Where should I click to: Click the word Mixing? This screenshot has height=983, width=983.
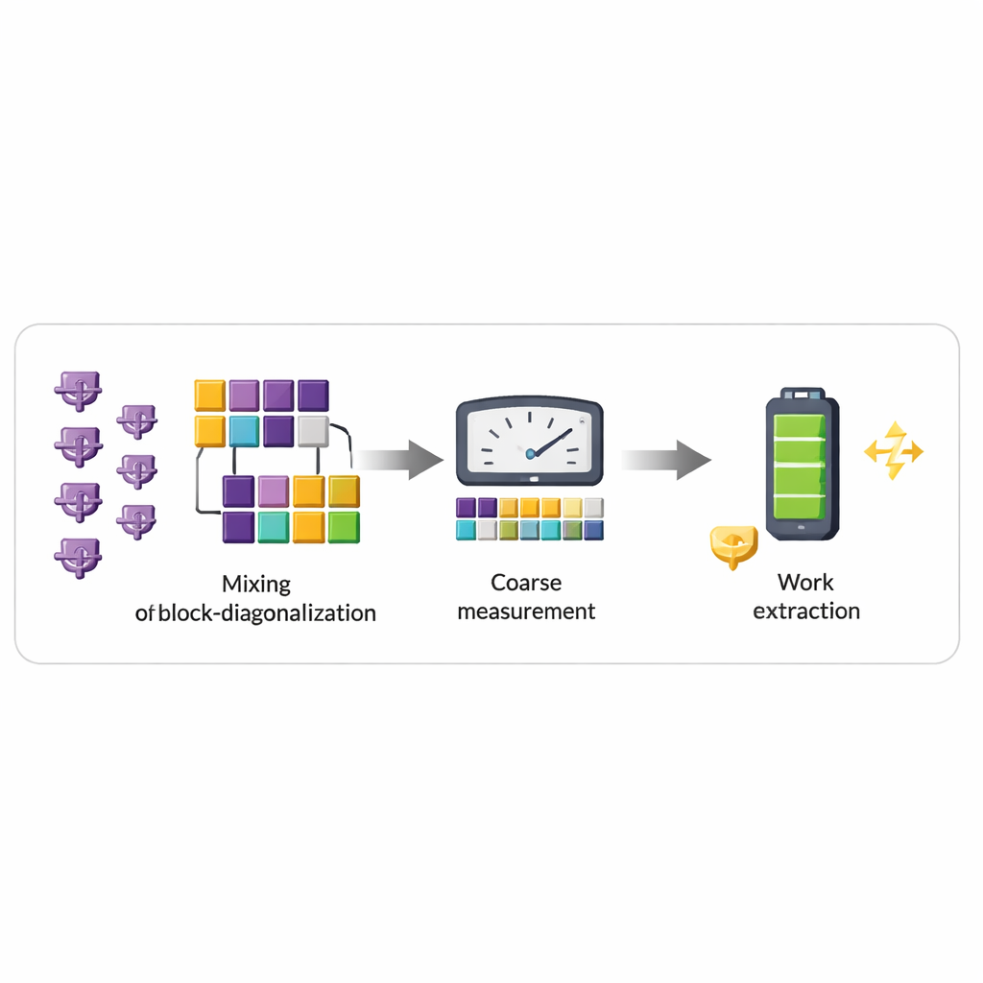[x=255, y=583]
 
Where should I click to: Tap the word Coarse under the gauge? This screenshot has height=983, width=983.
[x=526, y=582]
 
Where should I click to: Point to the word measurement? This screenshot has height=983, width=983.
[x=526, y=611]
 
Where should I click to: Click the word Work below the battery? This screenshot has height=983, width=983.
[x=805, y=582]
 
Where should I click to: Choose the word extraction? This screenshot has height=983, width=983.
[x=805, y=611]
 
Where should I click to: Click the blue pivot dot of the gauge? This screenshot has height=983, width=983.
[x=529, y=451]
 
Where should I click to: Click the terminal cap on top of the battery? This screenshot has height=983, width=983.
[x=802, y=394]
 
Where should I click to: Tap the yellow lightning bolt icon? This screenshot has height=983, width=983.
[x=894, y=449]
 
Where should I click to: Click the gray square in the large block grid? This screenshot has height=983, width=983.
[x=313, y=431]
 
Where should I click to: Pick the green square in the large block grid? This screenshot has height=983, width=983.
[x=343, y=526]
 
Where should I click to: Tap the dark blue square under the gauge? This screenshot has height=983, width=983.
[x=593, y=530]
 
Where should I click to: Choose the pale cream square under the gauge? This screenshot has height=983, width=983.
[x=572, y=508]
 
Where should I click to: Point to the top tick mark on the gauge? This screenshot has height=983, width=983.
[x=529, y=416]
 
